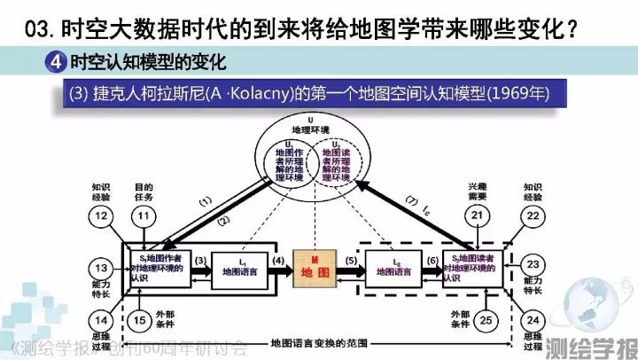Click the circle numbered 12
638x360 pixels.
coord(105,217)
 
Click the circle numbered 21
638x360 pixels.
coord(478,217)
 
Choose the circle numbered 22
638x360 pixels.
coord(533,217)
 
